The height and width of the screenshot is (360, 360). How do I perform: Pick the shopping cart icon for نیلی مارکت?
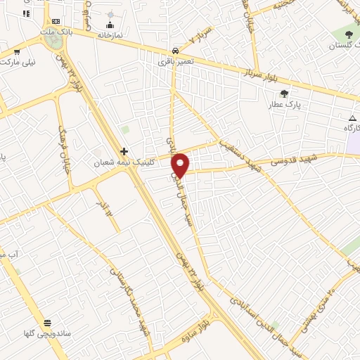(x=15, y=51)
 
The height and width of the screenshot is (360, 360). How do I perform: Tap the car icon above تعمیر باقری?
(x=174, y=51)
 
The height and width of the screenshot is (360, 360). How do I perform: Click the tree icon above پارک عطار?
(x=284, y=94)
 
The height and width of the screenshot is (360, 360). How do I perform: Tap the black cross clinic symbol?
(x=124, y=151)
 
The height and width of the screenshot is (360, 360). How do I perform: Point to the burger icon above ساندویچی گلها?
(x=47, y=323)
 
